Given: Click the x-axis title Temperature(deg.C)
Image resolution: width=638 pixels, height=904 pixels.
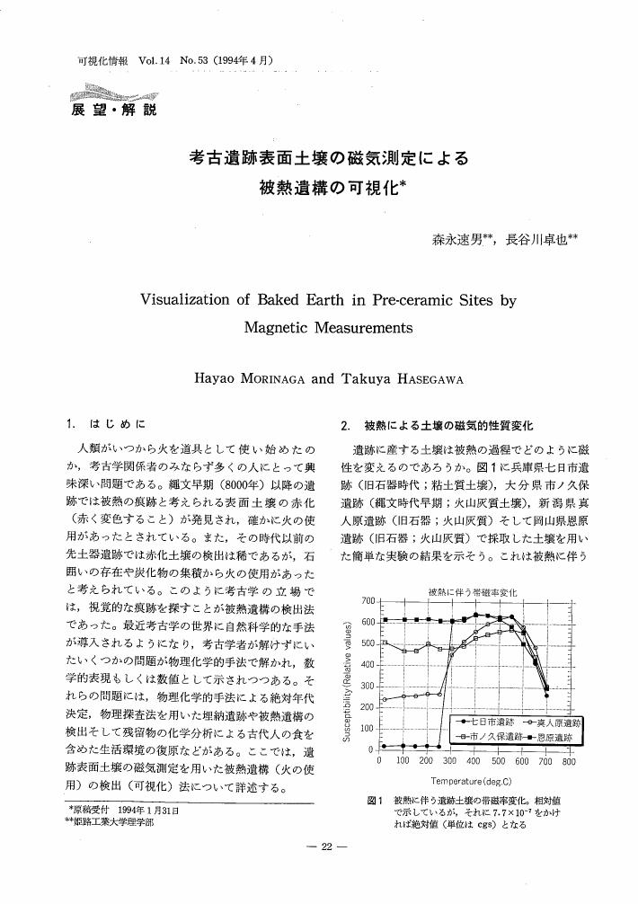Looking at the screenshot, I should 471,781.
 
